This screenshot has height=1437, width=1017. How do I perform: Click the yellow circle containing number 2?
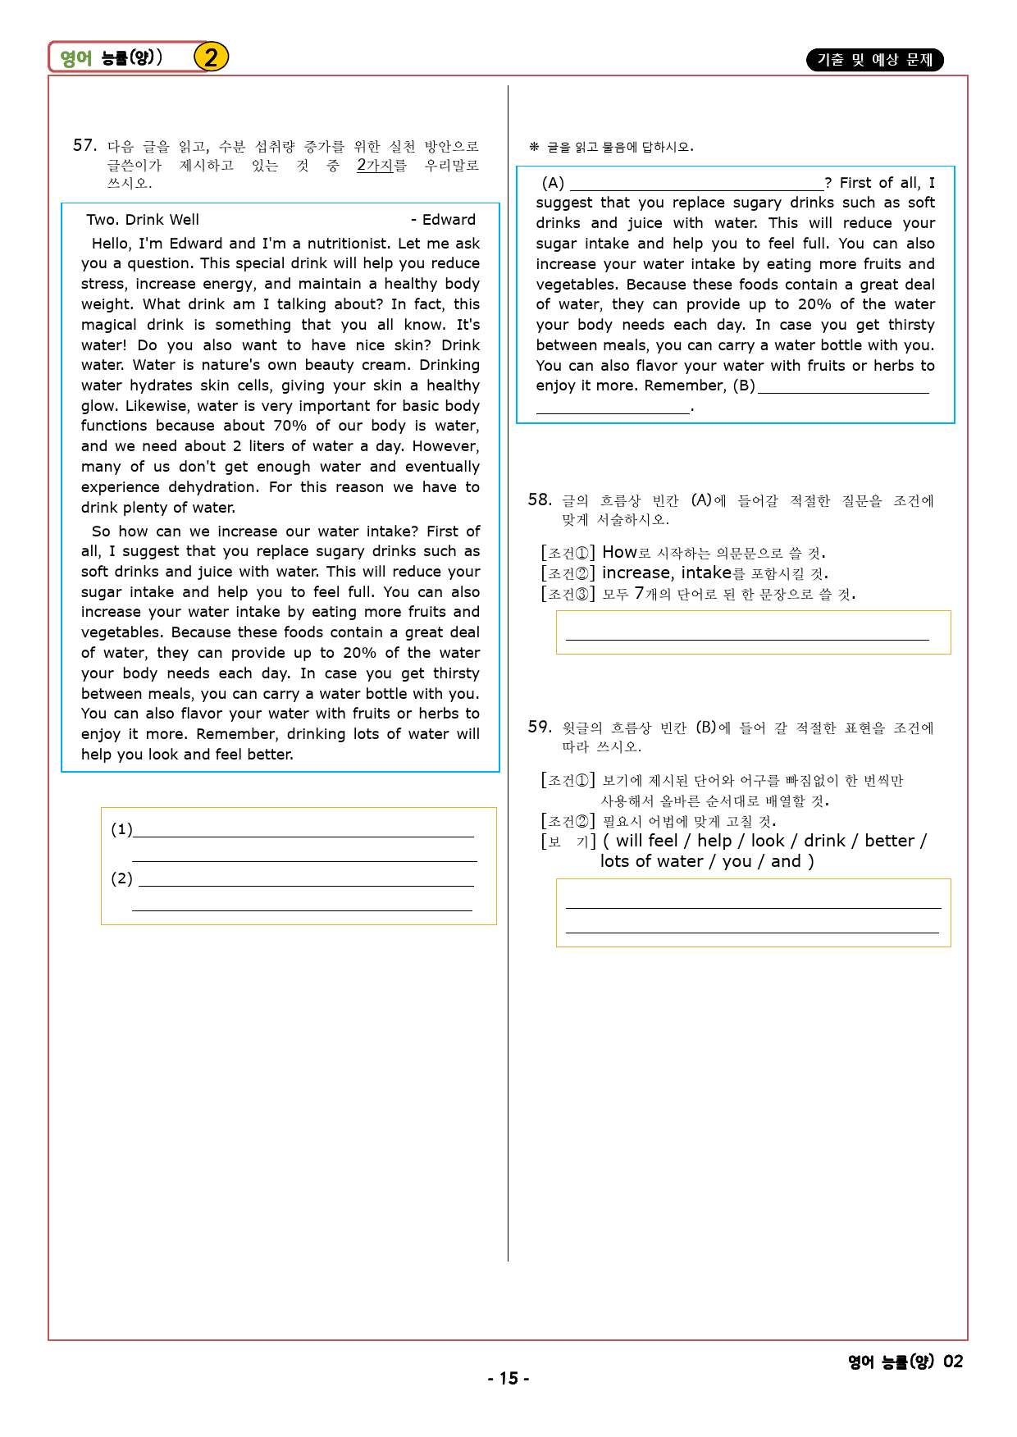(x=211, y=57)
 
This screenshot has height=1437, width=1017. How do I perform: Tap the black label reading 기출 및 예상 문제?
(x=874, y=60)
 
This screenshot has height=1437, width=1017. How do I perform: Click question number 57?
(x=84, y=146)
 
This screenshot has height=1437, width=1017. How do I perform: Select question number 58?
(x=540, y=500)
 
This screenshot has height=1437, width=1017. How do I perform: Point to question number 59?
(x=540, y=727)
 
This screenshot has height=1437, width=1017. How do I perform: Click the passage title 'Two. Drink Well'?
(x=143, y=220)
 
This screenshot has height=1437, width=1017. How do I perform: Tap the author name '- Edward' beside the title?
(x=444, y=220)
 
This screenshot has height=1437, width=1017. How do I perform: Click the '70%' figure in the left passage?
(x=290, y=426)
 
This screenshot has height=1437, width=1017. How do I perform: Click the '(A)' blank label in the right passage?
(x=553, y=183)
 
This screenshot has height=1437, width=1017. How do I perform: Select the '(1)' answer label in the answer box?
(x=121, y=829)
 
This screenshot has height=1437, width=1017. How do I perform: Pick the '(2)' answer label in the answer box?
(x=121, y=878)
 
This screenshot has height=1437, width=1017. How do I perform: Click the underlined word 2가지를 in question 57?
(x=381, y=165)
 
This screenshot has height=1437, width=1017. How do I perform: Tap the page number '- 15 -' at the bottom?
(x=508, y=1378)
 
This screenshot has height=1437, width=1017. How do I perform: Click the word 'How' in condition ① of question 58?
(x=618, y=552)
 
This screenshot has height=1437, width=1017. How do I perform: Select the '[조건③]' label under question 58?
(x=568, y=594)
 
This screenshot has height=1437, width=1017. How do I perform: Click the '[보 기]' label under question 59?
(x=568, y=842)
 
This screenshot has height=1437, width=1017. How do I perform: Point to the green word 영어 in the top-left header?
(x=76, y=58)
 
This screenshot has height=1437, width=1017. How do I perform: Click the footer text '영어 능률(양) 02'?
(x=905, y=1362)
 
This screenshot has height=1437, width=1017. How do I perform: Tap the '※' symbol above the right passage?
(x=534, y=147)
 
